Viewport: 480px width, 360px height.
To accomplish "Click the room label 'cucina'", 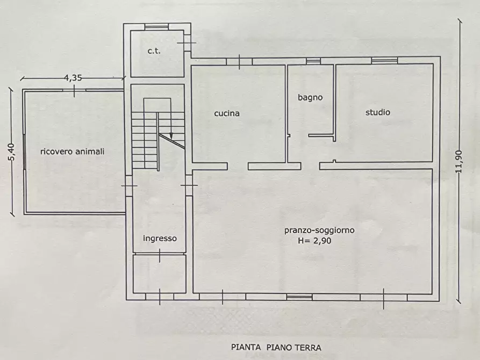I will [226, 113].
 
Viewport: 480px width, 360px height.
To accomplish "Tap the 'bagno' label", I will [310, 98].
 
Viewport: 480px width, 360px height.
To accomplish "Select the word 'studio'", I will [377, 112].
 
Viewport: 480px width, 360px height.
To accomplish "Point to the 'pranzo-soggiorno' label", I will [319, 231].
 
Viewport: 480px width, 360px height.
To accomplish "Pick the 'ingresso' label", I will [160, 238].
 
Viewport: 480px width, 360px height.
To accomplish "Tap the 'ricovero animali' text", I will [73, 152].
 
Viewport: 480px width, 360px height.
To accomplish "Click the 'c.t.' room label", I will [155, 51].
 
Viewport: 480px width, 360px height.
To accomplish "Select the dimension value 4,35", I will [73, 78].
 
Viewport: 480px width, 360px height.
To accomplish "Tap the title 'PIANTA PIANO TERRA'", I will [276, 348].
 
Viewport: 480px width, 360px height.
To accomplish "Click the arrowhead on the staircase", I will [171, 136].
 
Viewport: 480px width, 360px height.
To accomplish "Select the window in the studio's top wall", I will [384, 61].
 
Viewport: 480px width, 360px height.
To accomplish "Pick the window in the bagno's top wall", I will [313, 61].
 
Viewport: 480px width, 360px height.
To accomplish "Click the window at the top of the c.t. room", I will [157, 26].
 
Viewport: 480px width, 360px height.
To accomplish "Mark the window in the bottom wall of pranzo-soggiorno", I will [299, 297].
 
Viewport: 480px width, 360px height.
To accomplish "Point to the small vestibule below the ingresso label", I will [159, 273].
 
